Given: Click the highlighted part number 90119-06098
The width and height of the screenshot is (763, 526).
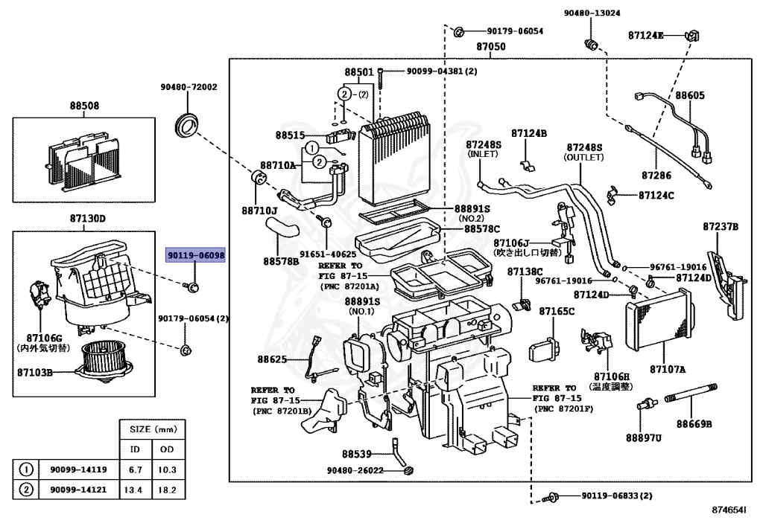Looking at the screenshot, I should click(x=195, y=255).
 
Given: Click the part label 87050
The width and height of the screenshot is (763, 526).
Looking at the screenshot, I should click(x=491, y=46).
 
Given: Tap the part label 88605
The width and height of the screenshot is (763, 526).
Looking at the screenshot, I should click(x=690, y=95).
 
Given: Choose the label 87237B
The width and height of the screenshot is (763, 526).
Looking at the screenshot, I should click(x=720, y=225).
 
